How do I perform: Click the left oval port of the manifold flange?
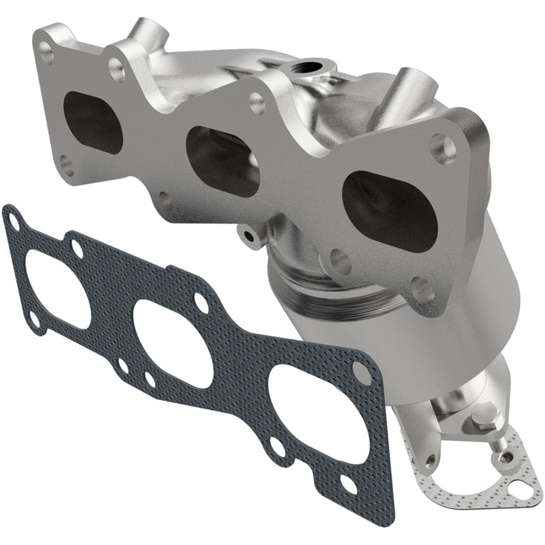click(92, 122)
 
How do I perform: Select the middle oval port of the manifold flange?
click(223, 160)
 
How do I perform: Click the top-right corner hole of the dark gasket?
click(361, 373)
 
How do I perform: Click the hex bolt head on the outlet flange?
click(484, 417)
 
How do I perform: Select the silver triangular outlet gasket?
click(498, 467)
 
